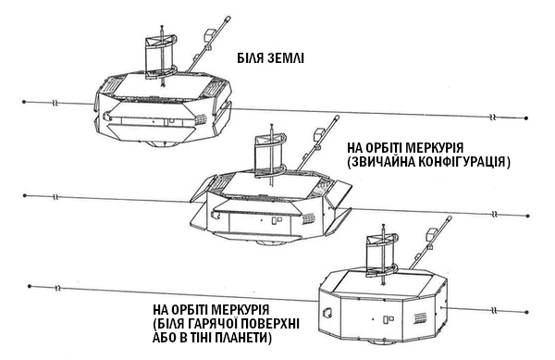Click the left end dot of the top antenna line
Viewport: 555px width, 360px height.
coord(24,102)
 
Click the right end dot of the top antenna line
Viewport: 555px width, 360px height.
coord(526,118)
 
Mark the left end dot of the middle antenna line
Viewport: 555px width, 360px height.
coord(24,195)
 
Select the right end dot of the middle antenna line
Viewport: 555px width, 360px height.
coord(528,216)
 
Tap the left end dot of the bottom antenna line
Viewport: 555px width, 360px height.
coord(30,286)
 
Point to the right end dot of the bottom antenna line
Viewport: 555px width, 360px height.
coord(527,312)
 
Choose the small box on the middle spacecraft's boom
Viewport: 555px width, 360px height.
coord(319,134)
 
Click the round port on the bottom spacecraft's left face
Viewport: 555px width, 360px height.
coord(326,312)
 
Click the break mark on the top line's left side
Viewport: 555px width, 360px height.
coord(55,104)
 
